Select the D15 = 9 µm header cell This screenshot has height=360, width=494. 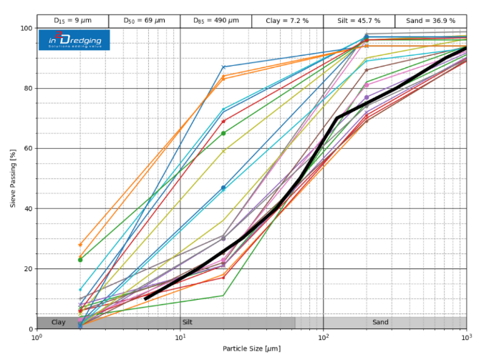point(72,21)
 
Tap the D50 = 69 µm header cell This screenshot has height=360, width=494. point(144,21)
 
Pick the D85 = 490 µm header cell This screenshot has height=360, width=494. point(215,21)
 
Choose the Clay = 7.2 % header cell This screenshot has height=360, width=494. point(287,21)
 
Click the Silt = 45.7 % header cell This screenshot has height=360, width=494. point(359,21)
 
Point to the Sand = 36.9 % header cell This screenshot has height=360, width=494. point(430,21)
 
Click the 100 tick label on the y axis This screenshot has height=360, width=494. point(26,29)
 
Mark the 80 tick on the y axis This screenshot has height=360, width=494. point(28,89)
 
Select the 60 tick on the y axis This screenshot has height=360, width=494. point(28,149)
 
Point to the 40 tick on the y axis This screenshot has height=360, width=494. point(28,209)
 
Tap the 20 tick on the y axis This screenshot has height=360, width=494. point(28,269)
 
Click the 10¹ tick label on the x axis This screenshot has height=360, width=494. point(180,338)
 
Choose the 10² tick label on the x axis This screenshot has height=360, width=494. point(324,338)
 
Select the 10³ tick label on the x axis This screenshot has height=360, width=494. point(467,338)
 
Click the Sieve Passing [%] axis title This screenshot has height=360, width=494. point(12,179)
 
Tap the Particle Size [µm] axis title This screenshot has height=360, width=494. point(251,349)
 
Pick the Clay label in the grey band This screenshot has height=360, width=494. point(59,323)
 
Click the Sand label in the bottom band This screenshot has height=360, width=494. point(380,323)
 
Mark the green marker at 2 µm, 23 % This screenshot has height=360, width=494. point(80,260)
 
